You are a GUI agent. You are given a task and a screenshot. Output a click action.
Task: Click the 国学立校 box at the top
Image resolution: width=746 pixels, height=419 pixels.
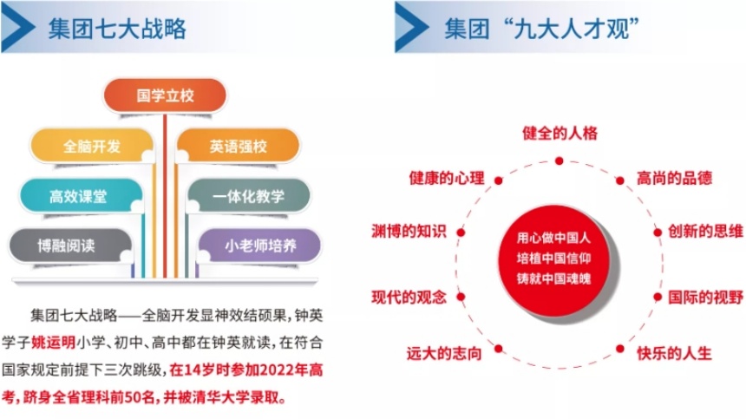165,95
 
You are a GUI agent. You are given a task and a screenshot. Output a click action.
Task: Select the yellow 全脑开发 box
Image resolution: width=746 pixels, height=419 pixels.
92,146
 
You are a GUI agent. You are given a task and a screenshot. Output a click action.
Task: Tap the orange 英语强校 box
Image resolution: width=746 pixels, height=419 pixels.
238,146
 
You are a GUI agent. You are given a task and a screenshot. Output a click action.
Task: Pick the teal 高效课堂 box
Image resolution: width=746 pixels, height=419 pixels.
81,195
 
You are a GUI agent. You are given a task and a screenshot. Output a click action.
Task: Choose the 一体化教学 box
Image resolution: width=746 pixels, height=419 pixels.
248,195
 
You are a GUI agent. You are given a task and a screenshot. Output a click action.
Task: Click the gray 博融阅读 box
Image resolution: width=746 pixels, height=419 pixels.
70,246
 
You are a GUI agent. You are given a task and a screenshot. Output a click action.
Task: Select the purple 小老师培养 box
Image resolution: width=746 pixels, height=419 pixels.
259,246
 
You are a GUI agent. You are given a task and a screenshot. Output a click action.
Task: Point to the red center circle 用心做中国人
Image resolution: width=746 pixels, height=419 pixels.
554,259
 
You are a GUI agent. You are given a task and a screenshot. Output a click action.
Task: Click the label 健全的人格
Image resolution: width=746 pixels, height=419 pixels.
559,134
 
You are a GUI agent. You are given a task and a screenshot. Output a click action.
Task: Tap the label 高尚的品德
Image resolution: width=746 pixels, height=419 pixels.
674,179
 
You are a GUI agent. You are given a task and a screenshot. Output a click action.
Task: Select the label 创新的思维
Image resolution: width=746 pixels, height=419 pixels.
705,231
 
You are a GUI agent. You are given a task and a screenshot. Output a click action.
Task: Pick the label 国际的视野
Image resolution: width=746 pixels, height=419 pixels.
705,298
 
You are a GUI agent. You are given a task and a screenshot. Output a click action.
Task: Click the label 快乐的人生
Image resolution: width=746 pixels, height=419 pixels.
674,353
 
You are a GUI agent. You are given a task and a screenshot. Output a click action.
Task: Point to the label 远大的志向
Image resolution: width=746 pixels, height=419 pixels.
444,353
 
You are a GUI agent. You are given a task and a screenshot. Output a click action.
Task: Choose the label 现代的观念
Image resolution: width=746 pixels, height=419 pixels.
409,298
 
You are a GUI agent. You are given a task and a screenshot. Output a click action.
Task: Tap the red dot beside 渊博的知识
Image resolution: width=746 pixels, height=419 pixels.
461,232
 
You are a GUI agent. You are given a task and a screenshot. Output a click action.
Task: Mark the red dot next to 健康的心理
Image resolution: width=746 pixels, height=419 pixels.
498,180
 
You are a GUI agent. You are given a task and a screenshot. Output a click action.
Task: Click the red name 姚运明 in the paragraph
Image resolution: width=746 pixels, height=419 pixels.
53,343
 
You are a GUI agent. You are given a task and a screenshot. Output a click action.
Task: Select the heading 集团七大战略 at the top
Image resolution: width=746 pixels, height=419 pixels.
117,29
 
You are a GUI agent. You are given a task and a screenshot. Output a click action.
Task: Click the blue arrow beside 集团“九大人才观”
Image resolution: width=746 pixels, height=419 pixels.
411,27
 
